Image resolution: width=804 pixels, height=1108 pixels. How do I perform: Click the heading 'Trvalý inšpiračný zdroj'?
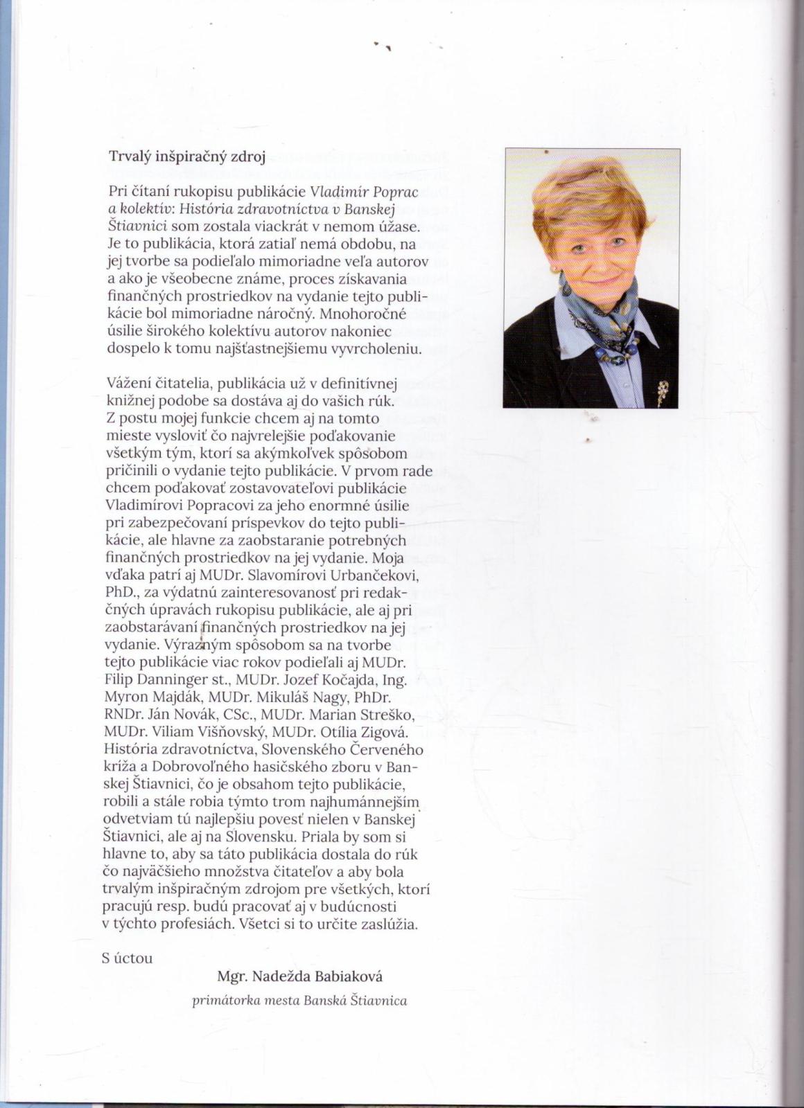pos(186,156)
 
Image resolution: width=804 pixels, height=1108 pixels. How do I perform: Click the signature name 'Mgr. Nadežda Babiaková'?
pos(299,976)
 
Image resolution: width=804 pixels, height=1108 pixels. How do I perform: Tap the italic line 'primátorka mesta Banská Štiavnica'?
pos(299,1000)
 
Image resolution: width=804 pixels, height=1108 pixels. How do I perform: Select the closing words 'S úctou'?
pos(127,958)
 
